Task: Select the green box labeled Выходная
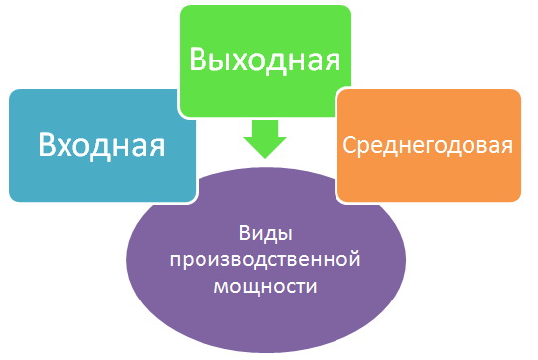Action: (265, 58)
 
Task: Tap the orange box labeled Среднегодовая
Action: (428, 145)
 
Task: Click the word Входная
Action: (100, 146)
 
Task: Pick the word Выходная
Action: (265, 58)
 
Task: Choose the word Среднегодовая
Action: (428, 146)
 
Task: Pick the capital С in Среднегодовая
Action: (348, 146)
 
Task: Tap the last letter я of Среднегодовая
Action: (507, 147)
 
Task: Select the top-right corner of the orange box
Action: (520, 91)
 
